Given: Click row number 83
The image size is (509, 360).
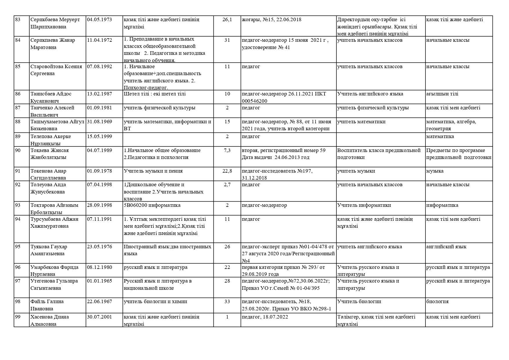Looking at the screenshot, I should (18, 20).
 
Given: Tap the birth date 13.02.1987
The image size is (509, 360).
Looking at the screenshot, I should (99, 94).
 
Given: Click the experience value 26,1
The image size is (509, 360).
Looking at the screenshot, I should (227, 20).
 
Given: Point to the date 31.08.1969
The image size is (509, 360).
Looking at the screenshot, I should (99, 122).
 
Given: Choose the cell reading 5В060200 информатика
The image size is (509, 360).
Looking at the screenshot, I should (152, 205).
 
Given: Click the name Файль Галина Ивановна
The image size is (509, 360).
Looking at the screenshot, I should (47, 305).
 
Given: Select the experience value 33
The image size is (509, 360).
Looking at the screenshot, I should (227, 302).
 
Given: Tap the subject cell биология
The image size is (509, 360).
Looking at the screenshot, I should (437, 302).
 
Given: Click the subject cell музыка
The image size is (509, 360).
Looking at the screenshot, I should (435, 171).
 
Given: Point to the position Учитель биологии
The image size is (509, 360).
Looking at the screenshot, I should (359, 302).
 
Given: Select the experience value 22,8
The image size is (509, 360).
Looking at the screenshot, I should (227, 171).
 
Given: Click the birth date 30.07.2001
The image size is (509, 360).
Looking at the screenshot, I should (99, 317).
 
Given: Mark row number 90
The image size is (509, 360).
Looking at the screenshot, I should (18, 151).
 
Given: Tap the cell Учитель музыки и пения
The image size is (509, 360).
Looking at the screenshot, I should (153, 171).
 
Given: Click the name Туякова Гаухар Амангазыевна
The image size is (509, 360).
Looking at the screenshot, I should (49, 250).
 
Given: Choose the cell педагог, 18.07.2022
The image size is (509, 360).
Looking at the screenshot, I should (265, 317).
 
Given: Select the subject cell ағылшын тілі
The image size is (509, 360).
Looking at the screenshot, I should (442, 94).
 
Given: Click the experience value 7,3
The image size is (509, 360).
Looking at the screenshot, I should (227, 151).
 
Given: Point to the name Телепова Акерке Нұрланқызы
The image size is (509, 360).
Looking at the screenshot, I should (50, 140).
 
